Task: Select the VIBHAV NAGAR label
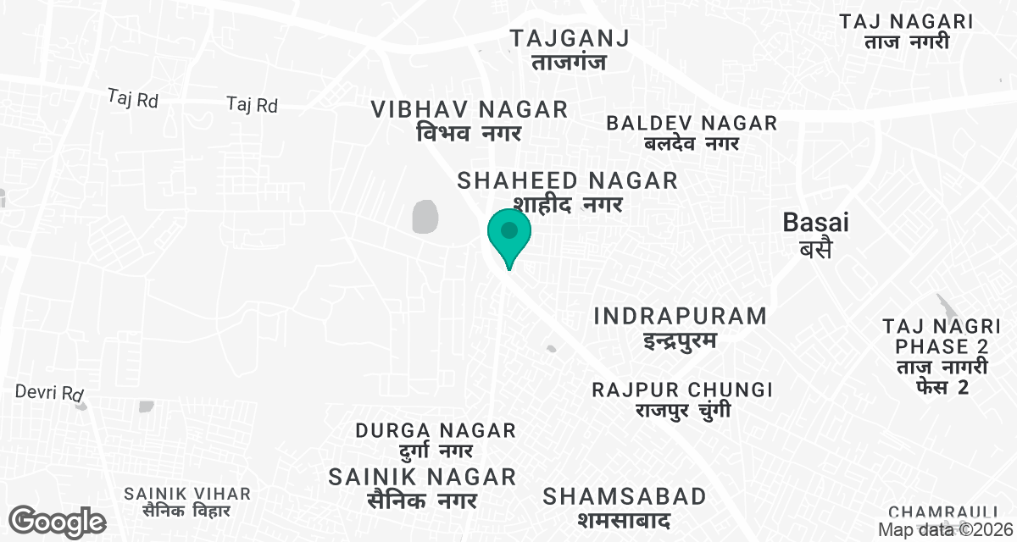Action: point(470,120)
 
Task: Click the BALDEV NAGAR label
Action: point(692,133)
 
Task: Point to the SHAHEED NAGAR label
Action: point(568,191)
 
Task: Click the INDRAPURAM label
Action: point(680,328)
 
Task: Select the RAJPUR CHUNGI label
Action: point(682,400)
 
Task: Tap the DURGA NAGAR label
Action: point(436,440)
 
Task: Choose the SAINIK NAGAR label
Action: point(422,487)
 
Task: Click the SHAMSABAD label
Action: point(625,506)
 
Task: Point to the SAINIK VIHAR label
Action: point(187,501)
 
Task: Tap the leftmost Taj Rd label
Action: point(134,99)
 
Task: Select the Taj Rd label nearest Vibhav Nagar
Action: point(253,105)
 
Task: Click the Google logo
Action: point(57,522)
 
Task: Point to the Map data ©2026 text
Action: point(946,530)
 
